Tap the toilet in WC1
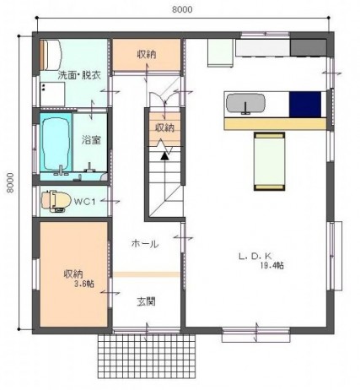click(56, 202)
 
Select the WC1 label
click(85, 202)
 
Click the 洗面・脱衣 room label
click(79, 75)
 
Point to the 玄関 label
click(146, 302)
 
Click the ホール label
click(145, 244)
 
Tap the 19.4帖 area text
click(271, 266)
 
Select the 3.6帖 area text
click(84, 284)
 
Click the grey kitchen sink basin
click(245, 103)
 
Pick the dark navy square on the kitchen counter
click(305, 104)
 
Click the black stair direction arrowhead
click(164, 156)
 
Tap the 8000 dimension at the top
click(182, 9)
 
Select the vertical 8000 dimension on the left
click(10, 182)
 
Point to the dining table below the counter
click(269, 161)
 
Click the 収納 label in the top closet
click(147, 54)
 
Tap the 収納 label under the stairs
click(164, 128)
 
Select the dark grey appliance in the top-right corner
click(308, 47)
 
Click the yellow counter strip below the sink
click(275, 124)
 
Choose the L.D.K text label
click(255, 256)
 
